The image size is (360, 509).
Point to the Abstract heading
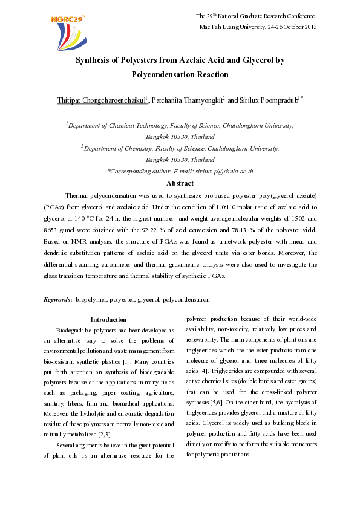180,184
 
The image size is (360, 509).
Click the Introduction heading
108,319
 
